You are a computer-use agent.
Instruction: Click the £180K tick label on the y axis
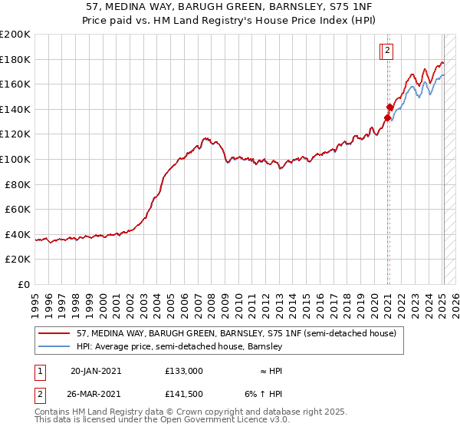tap(15, 59)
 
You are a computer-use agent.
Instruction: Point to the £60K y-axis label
tap(18, 209)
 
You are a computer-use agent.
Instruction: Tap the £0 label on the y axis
tap(25, 284)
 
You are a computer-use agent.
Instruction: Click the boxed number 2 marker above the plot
tap(388, 51)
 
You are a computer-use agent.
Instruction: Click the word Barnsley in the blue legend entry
tap(266, 347)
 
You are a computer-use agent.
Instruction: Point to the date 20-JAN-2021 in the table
tap(96, 370)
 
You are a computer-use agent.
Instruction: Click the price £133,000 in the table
tap(184, 370)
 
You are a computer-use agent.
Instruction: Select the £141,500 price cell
tap(184, 395)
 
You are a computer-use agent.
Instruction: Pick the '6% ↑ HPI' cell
tap(273, 395)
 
